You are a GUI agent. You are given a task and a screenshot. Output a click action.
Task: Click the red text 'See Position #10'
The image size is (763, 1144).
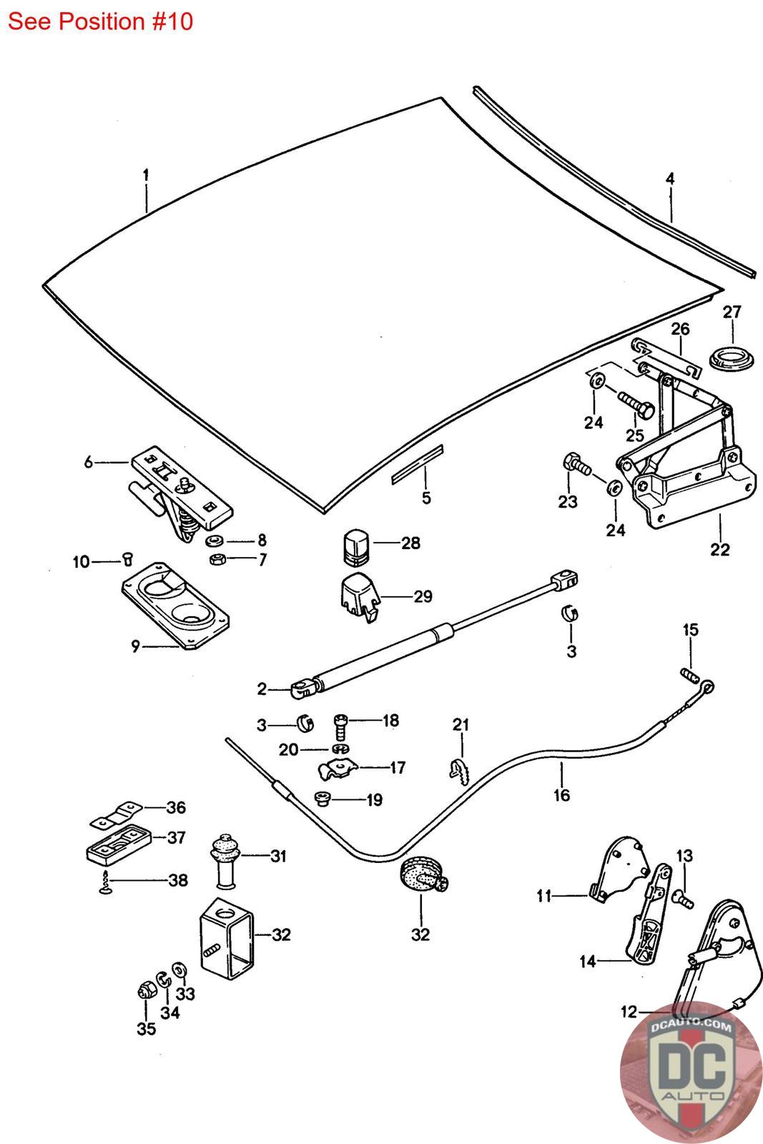100,21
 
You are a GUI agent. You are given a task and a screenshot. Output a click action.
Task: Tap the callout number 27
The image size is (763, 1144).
732,312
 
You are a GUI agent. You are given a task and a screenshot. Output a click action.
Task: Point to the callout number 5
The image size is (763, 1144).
426,498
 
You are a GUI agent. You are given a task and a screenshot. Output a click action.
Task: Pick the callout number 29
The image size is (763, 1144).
423,596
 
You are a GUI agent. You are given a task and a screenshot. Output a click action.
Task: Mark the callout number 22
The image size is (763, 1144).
720,549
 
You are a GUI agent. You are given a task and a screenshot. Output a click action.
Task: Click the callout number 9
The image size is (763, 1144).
136,647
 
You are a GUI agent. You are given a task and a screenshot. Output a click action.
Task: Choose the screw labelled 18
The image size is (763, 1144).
340,727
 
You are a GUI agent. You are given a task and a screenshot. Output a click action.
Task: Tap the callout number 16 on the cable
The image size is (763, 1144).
561,794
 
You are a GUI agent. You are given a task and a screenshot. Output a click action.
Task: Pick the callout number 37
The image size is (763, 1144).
177,837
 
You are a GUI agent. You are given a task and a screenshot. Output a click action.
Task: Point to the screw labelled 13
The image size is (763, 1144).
683,900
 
